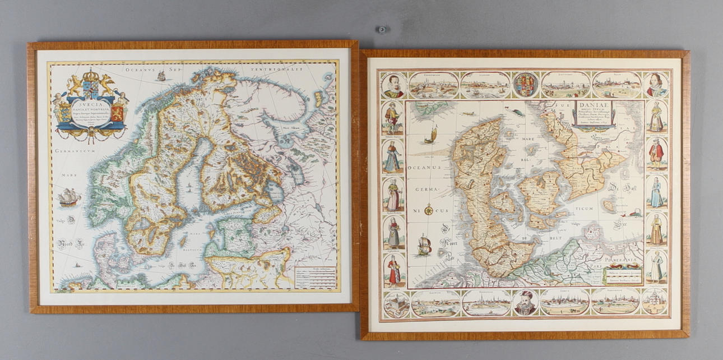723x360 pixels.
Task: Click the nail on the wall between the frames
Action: pyautogui.click(x=381, y=29)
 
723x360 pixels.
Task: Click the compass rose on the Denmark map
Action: pyautogui.click(x=429, y=211)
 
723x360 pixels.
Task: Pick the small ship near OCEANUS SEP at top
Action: pyautogui.click(x=161, y=75)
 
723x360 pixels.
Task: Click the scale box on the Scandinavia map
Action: pyautogui.click(x=316, y=276)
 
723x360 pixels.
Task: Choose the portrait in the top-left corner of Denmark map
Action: pyautogui.click(x=393, y=85)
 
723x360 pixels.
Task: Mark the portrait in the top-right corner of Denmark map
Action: pyautogui.click(x=656, y=85)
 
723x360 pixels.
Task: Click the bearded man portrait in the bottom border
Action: pyautogui.click(x=526, y=302)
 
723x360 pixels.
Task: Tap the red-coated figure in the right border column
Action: pyautogui.click(x=656, y=154)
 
